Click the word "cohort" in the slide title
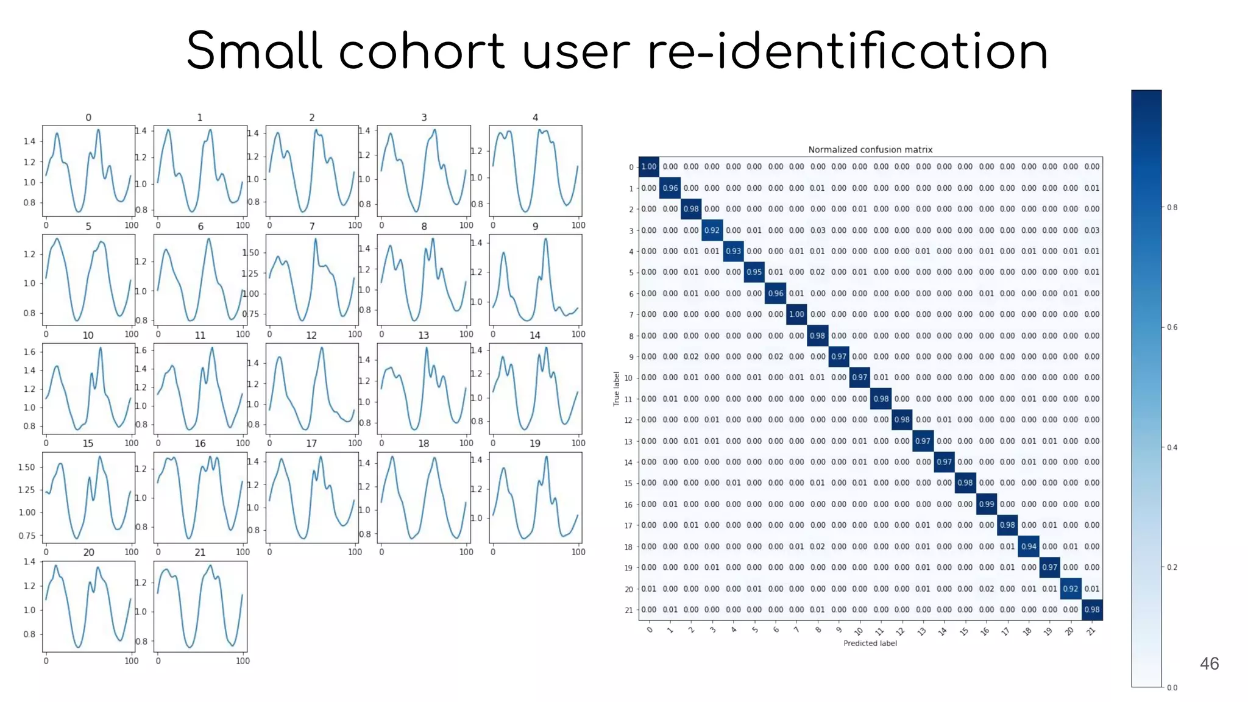[x=421, y=51]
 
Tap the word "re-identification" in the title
[x=847, y=51]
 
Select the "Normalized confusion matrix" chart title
[x=870, y=149]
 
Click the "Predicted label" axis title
[x=870, y=643]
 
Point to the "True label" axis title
[x=616, y=389]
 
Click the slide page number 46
[x=1209, y=664]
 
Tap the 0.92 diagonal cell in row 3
[x=712, y=230]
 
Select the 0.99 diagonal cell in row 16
[x=986, y=504]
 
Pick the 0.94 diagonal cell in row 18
[x=1029, y=546]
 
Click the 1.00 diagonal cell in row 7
[x=796, y=314]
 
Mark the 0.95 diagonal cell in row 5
[x=754, y=272]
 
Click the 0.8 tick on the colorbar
[x=1172, y=207]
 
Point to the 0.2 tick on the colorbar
[x=1172, y=567]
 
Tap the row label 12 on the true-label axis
[x=628, y=420]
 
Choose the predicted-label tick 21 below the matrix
[x=1091, y=631]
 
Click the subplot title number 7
[x=312, y=226]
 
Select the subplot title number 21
[x=200, y=552]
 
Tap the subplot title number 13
[x=424, y=335]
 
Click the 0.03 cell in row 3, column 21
[x=1092, y=230]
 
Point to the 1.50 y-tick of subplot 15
[x=26, y=467]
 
